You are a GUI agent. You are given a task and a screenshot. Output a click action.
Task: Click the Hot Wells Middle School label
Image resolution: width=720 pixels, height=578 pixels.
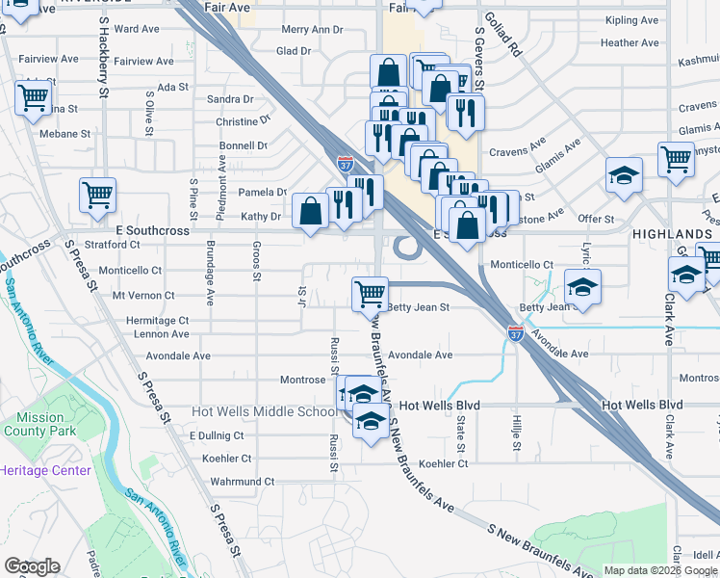pyautogui.click(x=265, y=411)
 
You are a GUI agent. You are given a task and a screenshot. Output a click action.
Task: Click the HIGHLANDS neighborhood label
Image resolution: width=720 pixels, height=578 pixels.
pyautogui.click(x=672, y=234)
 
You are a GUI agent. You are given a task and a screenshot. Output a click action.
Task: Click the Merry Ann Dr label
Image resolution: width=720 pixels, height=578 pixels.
pyautogui.click(x=312, y=30)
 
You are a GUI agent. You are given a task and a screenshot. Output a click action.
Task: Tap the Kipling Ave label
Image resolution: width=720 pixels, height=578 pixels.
pyautogui.click(x=632, y=20)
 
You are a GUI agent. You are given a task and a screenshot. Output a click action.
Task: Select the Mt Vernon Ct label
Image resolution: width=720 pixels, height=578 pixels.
pyautogui.click(x=143, y=296)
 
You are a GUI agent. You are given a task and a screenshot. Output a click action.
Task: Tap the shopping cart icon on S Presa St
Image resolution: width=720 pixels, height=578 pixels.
pyautogui.click(x=97, y=195)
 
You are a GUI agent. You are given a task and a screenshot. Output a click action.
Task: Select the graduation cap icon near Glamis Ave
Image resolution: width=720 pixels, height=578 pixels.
pyautogui.click(x=624, y=175)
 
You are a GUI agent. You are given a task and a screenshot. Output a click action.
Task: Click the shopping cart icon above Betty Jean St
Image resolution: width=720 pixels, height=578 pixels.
pyautogui.click(x=370, y=292)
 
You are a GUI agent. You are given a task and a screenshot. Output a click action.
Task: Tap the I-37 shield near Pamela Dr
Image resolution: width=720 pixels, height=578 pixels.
pyautogui.click(x=345, y=165)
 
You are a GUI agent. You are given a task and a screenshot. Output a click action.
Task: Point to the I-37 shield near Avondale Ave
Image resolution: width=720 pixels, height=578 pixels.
pyautogui.click(x=516, y=333)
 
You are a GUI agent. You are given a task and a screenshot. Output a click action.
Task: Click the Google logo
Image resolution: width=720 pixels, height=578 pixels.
pyautogui.click(x=32, y=566)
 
